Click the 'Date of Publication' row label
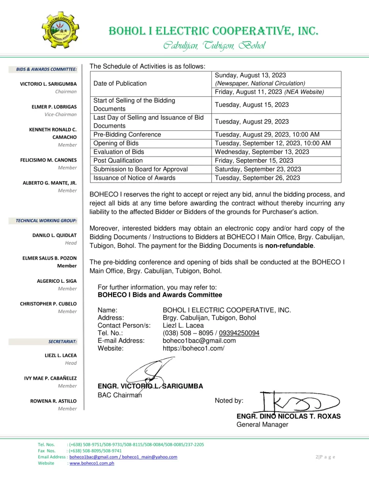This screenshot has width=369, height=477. [120, 83]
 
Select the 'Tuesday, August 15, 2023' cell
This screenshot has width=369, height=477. [251, 105]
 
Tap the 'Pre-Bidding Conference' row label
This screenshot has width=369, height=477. [127, 135]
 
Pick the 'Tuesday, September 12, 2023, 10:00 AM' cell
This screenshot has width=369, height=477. [272, 143]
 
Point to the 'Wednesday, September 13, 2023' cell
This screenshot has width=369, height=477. [262, 152]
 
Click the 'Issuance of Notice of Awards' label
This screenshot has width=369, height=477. [134, 177]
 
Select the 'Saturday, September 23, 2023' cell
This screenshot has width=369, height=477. [258, 169]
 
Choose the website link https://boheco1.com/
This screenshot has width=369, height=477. [194, 348]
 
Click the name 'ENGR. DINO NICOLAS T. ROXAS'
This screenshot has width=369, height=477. [288, 416]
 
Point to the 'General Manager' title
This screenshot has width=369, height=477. [262, 424]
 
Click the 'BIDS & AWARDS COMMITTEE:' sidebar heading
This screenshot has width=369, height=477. [47, 69]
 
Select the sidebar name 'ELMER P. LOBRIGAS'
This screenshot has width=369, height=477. [54, 107]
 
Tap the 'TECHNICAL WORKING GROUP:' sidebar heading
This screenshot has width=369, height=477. [46, 220]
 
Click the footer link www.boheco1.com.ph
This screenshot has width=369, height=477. [92, 463]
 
